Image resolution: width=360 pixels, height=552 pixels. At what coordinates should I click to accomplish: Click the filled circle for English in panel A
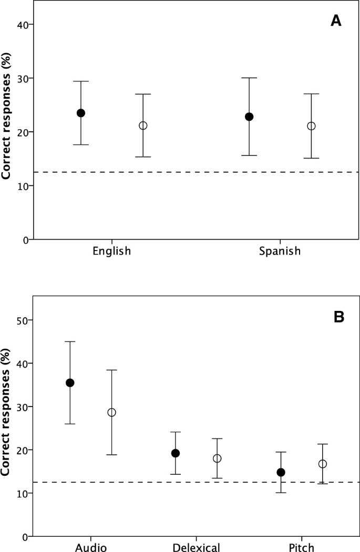[x=81, y=113]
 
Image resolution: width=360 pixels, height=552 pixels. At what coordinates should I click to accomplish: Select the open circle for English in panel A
[x=143, y=126]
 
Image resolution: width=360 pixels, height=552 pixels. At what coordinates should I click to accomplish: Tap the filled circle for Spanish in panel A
[x=249, y=117]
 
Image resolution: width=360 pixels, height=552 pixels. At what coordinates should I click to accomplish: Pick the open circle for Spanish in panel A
[x=311, y=126]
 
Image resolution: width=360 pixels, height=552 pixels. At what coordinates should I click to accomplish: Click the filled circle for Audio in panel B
[x=70, y=383]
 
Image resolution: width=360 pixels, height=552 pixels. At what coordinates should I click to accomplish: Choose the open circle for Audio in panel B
[x=111, y=412]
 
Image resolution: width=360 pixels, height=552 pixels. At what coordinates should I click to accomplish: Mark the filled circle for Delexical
[x=176, y=453]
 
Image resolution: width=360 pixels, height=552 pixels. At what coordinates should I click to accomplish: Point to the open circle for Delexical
[x=217, y=459]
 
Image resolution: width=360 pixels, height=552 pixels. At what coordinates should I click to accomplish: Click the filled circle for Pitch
[x=281, y=472]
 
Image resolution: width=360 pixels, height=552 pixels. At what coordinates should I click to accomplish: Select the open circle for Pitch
[x=323, y=464]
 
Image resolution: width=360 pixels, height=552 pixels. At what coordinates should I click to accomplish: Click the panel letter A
[x=336, y=21]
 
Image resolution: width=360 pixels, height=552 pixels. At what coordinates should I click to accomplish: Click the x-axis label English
[x=111, y=251]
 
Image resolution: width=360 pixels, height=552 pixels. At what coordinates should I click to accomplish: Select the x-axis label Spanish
[x=280, y=251]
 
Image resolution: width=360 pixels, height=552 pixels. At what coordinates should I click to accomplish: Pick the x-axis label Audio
[x=90, y=548]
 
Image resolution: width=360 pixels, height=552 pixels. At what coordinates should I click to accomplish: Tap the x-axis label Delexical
[x=196, y=548]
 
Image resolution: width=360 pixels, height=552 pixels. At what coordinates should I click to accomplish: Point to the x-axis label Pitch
[x=302, y=548]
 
